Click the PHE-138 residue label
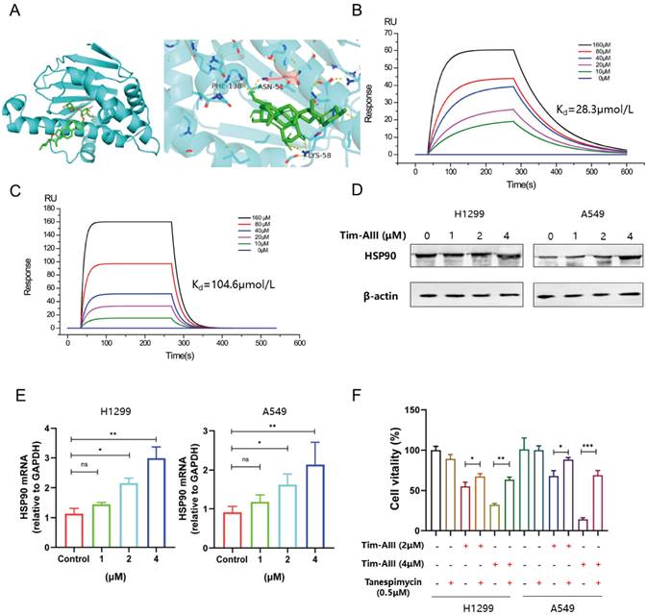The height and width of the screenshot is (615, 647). click(x=227, y=85)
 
